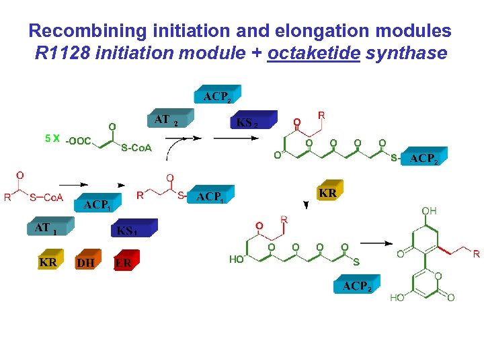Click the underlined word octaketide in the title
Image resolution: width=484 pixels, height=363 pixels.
tap(313, 53)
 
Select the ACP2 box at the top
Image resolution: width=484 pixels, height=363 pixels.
tap(216, 96)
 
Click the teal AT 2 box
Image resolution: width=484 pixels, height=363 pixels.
tap(169, 120)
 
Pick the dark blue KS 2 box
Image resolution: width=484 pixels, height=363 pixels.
tap(253, 122)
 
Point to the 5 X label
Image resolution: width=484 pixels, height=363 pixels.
tap(52, 138)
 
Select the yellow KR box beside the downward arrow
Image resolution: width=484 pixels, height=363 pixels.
tap(328, 193)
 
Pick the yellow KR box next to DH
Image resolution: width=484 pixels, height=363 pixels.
tap(49, 261)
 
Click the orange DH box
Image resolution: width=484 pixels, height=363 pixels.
tap(87, 262)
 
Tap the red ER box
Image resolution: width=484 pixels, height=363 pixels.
tap(125, 262)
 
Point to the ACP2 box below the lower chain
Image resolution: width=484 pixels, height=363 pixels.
tap(356, 286)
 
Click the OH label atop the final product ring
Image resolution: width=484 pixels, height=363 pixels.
tap(429, 211)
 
